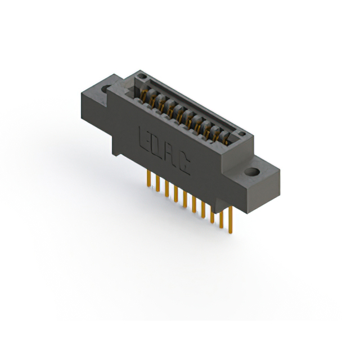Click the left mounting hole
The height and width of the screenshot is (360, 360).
106,88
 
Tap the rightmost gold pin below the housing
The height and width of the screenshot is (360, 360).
230,220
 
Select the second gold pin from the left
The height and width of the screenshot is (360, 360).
157,184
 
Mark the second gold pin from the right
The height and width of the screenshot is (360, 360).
221,217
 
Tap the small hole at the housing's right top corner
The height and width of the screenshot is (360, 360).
241,134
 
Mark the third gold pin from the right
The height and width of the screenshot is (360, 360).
212,212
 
